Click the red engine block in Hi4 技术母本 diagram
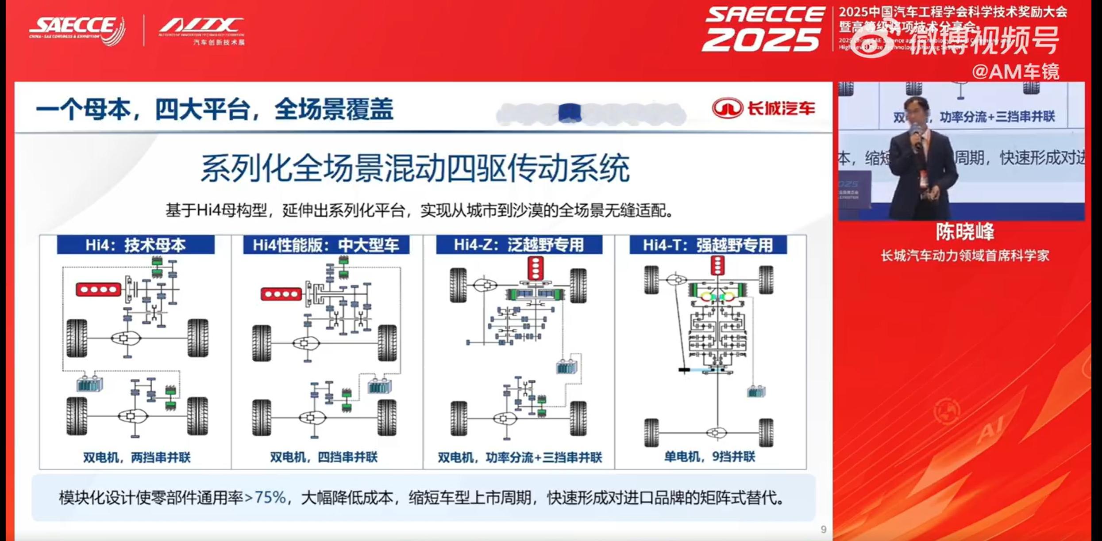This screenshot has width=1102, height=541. coord(99,290)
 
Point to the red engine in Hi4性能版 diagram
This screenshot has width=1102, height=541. coord(281,294)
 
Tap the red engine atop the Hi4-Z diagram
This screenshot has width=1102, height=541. coord(536,268)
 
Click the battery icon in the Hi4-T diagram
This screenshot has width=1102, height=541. coord(756,392)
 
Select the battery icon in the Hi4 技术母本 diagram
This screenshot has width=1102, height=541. coord(90,384)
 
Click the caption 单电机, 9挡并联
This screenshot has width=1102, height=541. coord(710,457)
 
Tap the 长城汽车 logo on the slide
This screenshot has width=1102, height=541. coord(764,108)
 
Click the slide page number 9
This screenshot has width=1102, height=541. coord(823,530)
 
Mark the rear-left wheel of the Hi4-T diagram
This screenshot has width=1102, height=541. coord(651,433)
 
